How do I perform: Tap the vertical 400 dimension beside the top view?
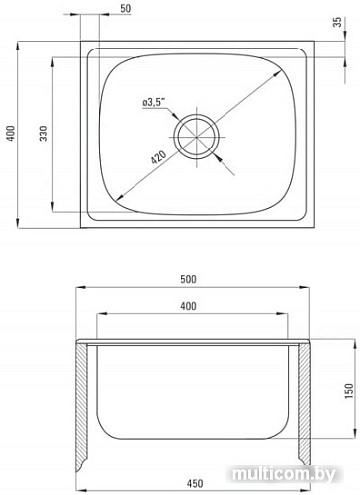10,135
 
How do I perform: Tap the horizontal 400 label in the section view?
196,308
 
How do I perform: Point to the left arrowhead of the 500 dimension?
78,288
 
